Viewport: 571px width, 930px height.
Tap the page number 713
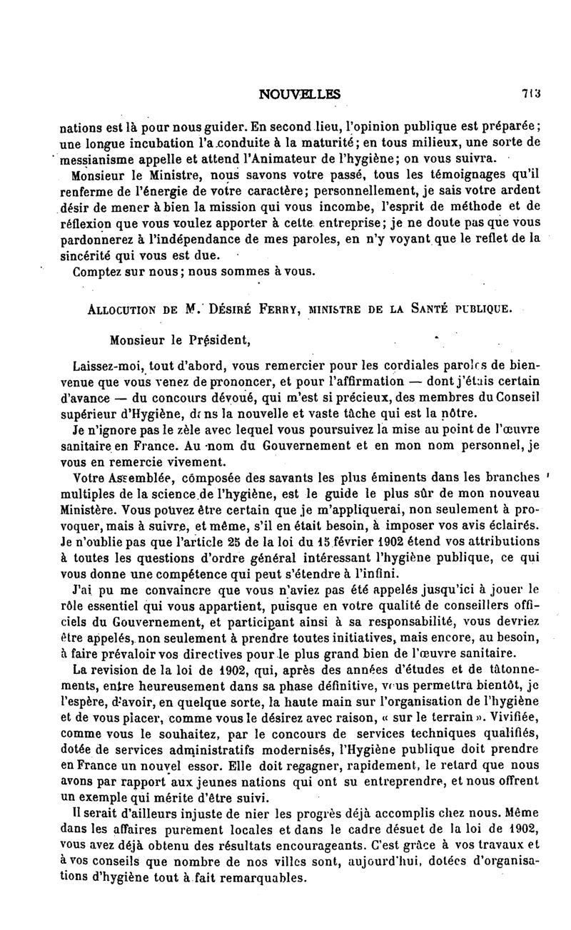pyautogui.click(x=530, y=93)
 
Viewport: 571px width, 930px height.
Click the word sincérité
pyautogui.click(x=100, y=255)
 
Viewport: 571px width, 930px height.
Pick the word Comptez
pyautogui.click(x=97, y=271)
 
